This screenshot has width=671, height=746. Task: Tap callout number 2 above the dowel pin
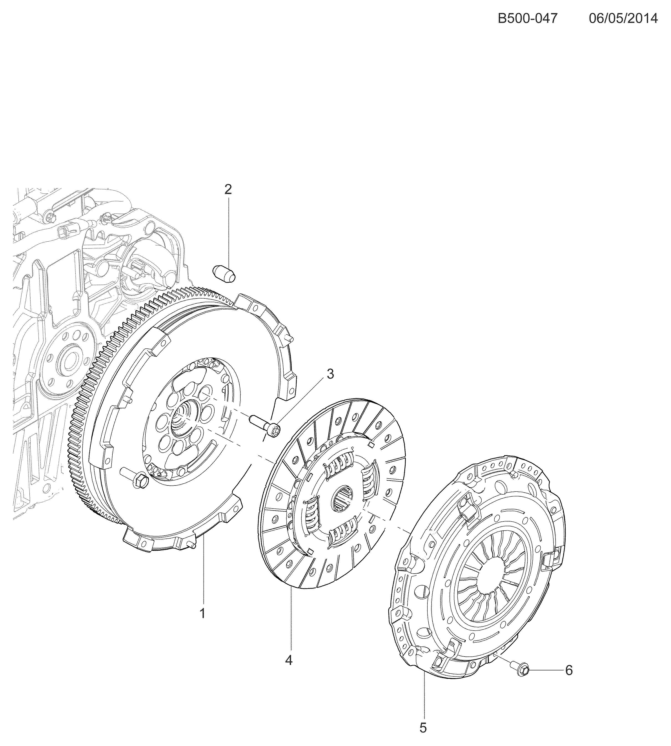(228, 189)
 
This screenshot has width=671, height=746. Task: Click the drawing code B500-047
(528, 18)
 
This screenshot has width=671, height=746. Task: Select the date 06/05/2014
(623, 18)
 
